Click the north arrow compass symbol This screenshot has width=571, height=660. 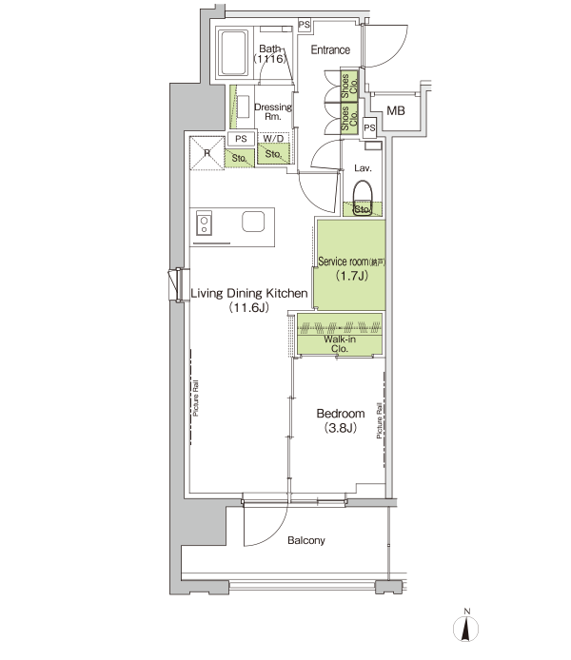[x=465, y=626]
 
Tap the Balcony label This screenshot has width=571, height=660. [x=306, y=540]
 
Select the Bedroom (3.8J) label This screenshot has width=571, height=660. [x=341, y=420]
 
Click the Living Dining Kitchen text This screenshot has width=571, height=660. [x=249, y=293]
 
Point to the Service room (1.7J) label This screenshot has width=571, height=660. [x=351, y=268]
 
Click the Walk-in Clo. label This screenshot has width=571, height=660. [x=340, y=344]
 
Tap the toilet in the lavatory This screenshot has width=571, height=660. [x=363, y=198]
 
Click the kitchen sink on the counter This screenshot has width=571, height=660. [x=253, y=222]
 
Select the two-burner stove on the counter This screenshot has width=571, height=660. [x=204, y=223]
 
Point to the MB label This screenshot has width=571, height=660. [x=395, y=111]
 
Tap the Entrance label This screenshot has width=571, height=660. [x=330, y=50]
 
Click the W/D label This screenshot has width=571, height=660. [x=273, y=139]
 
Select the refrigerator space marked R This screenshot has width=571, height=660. [x=207, y=153]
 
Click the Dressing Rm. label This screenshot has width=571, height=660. [x=273, y=112]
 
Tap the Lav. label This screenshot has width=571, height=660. [x=363, y=168]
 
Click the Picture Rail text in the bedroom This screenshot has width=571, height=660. [x=380, y=420]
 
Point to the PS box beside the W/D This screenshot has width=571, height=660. [x=241, y=139]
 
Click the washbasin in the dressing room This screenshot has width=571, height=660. [x=243, y=107]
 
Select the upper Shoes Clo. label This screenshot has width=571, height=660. [x=349, y=86]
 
